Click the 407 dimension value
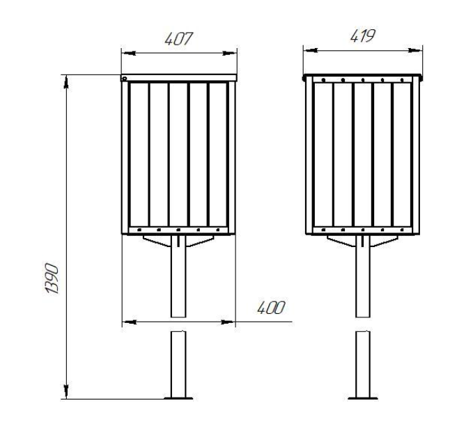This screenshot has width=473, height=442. [x=178, y=39]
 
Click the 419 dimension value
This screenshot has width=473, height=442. [x=363, y=36]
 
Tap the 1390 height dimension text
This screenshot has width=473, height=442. [x=52, y=278]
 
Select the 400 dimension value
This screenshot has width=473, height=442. [x=271, y=308]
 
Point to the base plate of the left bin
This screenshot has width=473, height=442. [x=178, y=398]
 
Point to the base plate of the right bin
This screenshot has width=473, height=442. [x=363, y=398]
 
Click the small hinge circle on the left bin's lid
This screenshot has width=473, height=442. [x=124, y=79]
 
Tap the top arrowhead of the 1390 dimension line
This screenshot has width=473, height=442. [x=66, y=82]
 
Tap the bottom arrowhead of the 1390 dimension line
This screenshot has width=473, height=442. [x=66, y=391]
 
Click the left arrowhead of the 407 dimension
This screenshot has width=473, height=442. [x=129, y=54]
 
